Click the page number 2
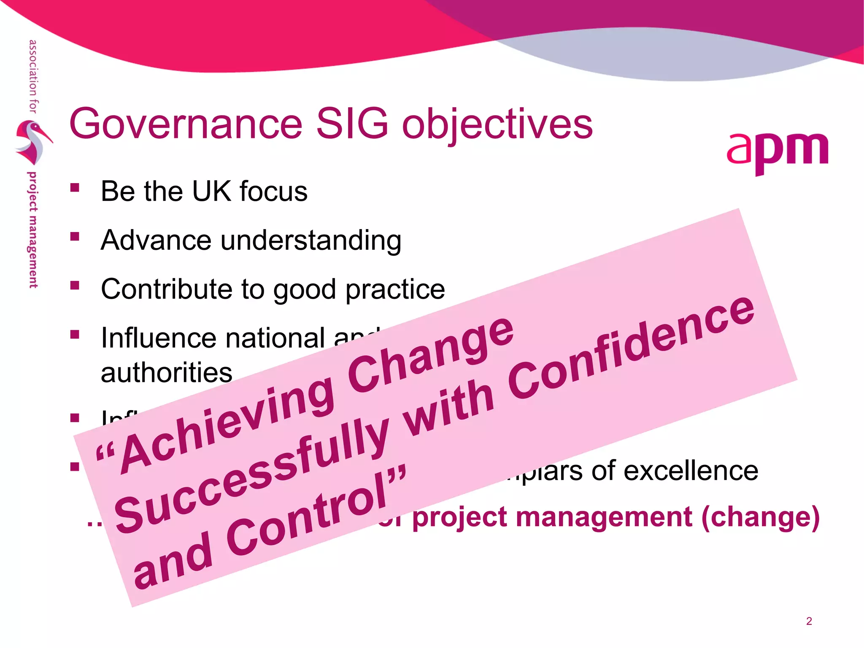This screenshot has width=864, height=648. pos(809,621)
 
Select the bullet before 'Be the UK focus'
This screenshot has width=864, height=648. pos(75,188)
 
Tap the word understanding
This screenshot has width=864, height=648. pos(311,240)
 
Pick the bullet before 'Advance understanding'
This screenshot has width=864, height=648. pos(75,237)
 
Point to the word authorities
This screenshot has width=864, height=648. pos(167,373)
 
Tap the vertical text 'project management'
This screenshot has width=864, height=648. pos(33,230)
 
